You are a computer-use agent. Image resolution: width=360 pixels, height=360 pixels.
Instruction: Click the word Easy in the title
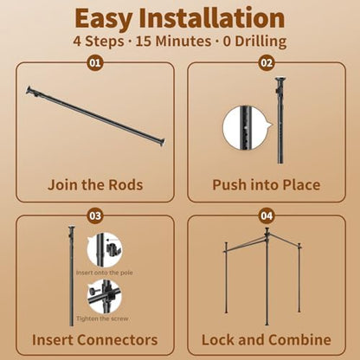104,18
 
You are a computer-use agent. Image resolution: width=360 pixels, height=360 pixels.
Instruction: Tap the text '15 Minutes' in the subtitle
173,42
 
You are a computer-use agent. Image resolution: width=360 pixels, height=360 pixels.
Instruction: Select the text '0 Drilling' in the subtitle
255,42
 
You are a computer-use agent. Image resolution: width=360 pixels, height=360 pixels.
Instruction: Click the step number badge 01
95,62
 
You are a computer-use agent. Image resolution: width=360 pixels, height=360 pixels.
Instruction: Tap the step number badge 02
267,62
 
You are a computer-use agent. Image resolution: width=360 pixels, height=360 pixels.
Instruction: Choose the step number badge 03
95,215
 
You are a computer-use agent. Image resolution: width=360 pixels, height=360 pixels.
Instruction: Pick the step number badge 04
267,215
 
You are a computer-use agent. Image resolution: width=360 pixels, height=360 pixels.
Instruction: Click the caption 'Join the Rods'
95,184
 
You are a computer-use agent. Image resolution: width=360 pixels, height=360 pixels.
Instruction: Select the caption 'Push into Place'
267,184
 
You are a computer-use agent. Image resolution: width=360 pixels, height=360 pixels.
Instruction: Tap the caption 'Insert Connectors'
95,340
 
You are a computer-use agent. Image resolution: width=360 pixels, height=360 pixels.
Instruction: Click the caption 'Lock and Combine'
267,340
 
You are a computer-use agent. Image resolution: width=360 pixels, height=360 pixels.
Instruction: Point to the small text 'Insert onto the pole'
105,273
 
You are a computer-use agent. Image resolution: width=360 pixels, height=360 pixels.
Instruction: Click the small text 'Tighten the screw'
102,318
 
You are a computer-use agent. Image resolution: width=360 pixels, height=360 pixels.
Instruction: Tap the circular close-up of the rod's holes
244,127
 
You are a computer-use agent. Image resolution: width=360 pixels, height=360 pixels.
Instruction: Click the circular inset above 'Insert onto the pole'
105,250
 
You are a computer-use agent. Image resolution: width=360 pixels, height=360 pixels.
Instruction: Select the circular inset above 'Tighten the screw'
105,296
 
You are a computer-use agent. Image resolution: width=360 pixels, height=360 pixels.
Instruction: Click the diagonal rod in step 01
95,116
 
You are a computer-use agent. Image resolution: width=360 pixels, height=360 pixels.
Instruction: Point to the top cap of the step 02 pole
280,79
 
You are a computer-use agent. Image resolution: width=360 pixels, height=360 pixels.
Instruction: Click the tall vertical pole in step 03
71,276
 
